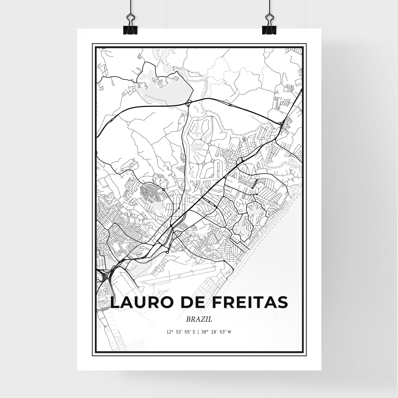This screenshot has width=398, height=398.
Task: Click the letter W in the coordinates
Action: tap(229, 332)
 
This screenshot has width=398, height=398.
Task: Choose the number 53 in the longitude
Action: tap(223, 332)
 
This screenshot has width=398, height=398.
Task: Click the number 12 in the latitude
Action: tap(168, 332)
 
